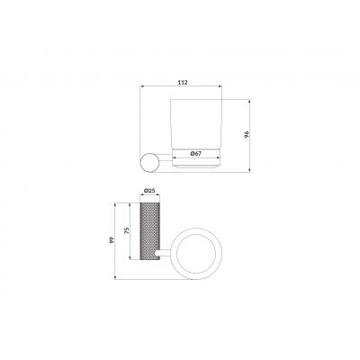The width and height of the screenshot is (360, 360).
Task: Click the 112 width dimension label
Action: [183, 82]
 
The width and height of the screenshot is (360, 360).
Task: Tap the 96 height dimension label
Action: [247, 134]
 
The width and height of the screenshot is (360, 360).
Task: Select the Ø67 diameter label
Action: [195, 153]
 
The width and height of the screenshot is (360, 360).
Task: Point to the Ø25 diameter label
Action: [149, 190]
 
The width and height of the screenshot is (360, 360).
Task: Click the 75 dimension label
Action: [127, 230]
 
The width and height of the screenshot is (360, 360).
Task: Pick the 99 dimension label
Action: [112, 240]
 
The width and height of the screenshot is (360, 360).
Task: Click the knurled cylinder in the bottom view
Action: [150, 231]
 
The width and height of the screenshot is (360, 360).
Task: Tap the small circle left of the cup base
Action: [150, 162]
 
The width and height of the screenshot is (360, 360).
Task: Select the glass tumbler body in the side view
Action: [196, 123]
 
